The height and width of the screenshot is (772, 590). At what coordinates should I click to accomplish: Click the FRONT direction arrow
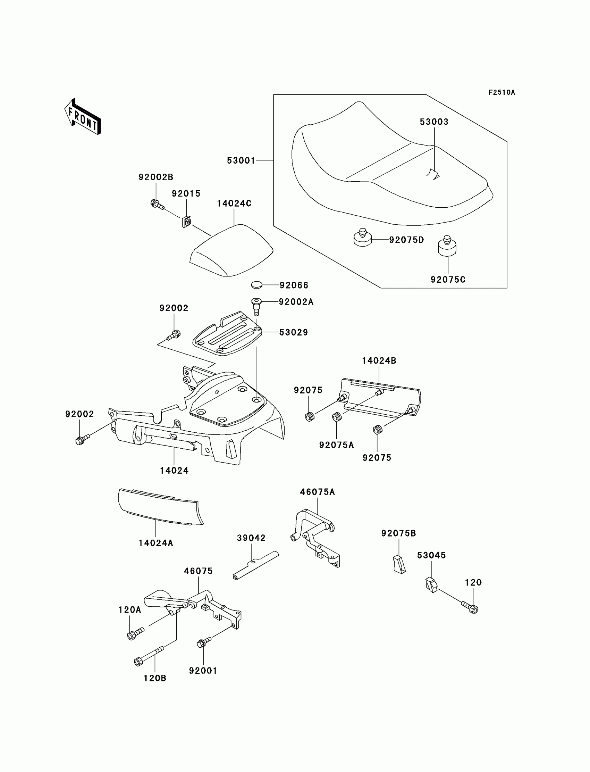[83, 117]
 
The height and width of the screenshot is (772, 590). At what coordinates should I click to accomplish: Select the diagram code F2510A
[501, 92]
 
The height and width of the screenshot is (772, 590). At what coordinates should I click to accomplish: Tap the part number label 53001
[241, 160]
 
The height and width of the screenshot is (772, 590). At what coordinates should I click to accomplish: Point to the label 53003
[434, 122]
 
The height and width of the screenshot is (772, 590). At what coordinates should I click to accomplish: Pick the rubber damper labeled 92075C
[447, 246]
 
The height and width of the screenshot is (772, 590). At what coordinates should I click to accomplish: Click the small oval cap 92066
[257, 285]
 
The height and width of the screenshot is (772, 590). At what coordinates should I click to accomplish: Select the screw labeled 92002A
[257, 305]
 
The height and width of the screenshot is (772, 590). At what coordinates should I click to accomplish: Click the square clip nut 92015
[186, 221]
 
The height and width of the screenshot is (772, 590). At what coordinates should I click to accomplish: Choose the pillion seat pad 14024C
[232, 251]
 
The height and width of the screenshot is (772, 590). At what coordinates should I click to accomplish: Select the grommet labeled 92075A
[337, 417]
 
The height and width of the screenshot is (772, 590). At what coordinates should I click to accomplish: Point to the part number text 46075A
[317, 492]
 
